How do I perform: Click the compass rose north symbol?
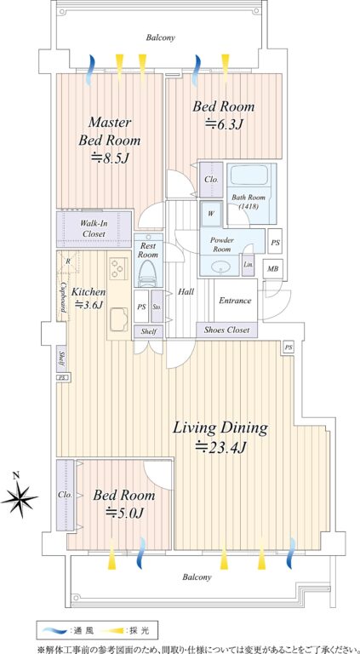pyautogui.click(x=20, y=496)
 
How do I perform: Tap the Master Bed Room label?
pyautogui.click(x=109, y=131)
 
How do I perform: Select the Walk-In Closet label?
pyautogui.click(x=94, y=228)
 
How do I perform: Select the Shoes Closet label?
pyautogui.click(x=226, y=330)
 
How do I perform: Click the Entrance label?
pyautogui.click(x=235, y=301)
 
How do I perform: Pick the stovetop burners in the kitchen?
pyautogui.click(x=118, y=267)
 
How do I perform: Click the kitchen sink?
pyautogui.click(x=119, y=319)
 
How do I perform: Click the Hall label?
pyautogui.click(x=185, y=292)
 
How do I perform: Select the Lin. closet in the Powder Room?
pyautogui.click(x=247, y=265)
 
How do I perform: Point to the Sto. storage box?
pyautogui.click(x=157, y=306)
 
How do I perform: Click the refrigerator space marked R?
pyautogui.click(x=67, y=262)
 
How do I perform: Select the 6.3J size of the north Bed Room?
pyautogui.click(x=223, y=123)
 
